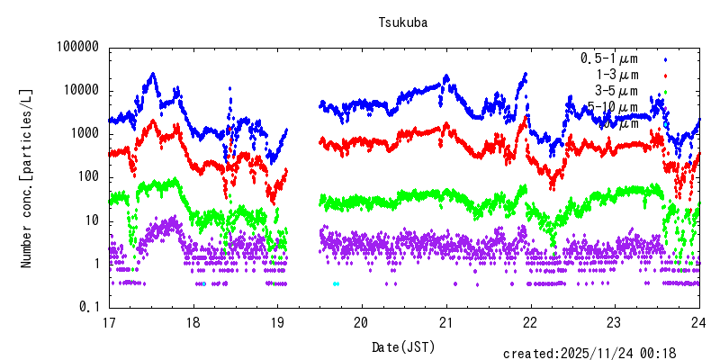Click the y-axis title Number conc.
(27, 178)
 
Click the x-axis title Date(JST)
(402, 346)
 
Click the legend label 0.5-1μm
(609, 58)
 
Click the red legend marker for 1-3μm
(665, 76)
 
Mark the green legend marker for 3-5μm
(665, 92)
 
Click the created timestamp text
(602, 353)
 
